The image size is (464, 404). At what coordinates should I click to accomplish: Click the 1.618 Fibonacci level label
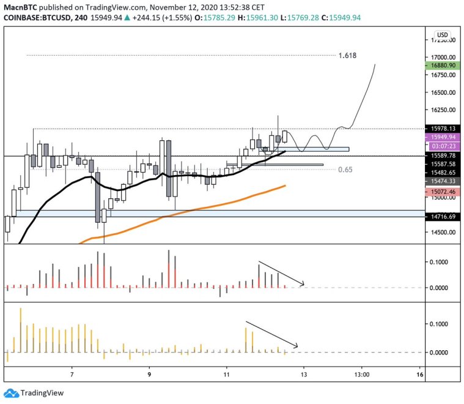point(347,55)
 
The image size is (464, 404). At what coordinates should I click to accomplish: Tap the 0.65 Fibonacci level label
point(346,169)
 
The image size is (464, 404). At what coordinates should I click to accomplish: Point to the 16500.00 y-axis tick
point(441,93)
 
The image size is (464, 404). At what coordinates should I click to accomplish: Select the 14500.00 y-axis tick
point(441,233)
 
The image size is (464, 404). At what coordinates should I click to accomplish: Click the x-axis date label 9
point(149,374)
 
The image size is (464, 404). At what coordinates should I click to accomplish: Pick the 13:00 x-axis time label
point(361,374)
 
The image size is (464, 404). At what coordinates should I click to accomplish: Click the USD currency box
point(442,34)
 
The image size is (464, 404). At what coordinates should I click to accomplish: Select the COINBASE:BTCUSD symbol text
point(35,18)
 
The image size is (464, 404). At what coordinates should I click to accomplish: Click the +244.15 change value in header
point(149,18)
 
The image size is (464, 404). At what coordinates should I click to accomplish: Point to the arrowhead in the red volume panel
point(302,284)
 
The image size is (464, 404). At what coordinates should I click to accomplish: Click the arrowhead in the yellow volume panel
point(295,346)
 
